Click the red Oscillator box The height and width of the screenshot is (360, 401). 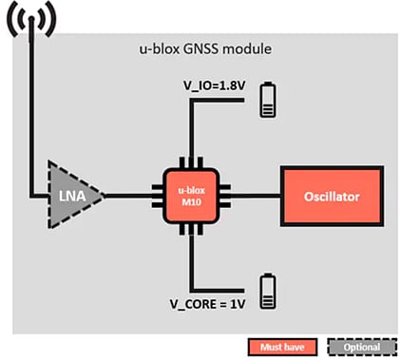point(331,196)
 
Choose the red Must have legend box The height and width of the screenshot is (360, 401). point(279,347)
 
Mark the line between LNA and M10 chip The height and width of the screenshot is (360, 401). point(133,196)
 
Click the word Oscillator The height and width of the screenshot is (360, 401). point(331,196)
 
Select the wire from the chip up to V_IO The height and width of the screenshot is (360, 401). point(193,133)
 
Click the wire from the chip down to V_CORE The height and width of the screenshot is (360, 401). point(193,256)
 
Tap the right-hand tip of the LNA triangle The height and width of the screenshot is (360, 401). point(104,196)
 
